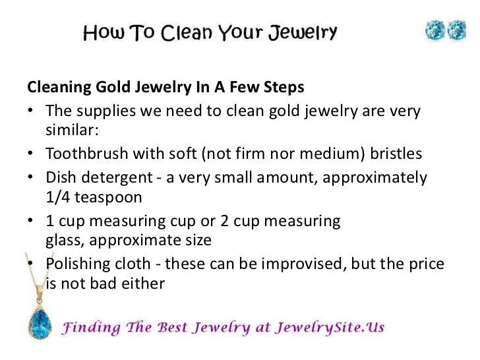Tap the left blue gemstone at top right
click(x=435, y=31)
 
